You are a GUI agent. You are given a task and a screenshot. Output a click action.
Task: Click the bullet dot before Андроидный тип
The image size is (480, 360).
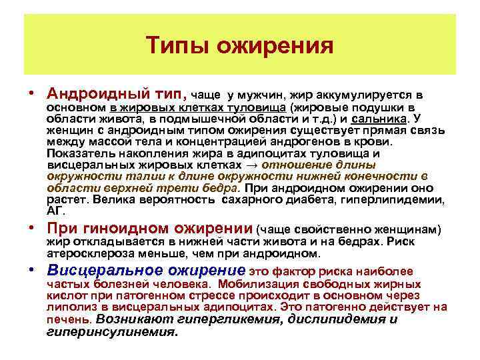pos(31,94)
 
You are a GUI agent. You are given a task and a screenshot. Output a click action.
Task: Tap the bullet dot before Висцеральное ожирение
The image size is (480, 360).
pos(31,271)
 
